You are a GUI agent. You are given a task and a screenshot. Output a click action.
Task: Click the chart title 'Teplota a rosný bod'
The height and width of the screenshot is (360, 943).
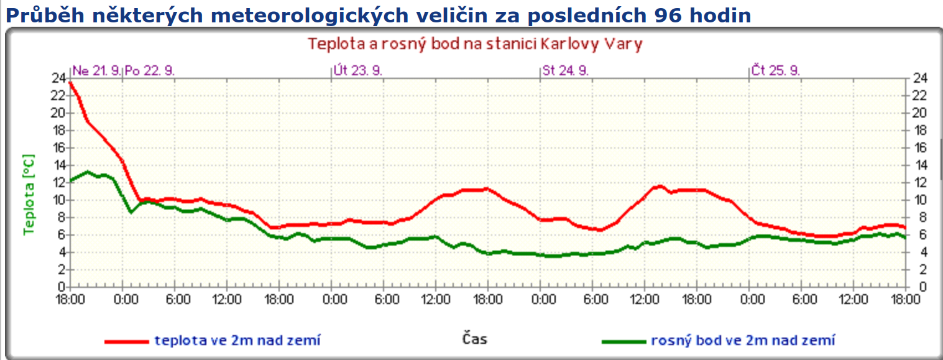(475, 44)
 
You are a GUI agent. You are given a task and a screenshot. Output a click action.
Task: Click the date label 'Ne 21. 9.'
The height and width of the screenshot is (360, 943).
(97, 70)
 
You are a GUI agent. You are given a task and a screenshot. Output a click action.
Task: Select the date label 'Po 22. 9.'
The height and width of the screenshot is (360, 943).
(150, 70)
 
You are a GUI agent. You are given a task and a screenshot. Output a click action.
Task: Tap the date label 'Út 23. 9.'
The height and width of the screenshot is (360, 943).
(358, 70)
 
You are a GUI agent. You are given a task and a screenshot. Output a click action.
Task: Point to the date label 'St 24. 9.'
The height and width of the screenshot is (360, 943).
(566, 70)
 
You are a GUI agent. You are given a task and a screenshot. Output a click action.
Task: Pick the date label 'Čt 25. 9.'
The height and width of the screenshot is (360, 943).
(775, 70)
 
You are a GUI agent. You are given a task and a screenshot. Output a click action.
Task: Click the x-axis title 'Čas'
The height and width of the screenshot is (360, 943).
(474, 339)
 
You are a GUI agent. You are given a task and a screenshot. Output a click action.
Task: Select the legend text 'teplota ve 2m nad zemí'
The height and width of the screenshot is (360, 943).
(238, 340)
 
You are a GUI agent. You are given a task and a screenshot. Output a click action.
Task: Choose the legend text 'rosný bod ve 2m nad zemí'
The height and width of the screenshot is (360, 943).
(743, 340)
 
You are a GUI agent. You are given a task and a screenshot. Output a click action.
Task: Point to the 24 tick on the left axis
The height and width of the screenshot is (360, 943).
(58, 78)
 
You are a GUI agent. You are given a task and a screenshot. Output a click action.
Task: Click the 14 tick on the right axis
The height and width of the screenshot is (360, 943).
(919, 165)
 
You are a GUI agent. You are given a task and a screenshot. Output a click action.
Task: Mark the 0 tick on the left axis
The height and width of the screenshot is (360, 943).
(62, 287)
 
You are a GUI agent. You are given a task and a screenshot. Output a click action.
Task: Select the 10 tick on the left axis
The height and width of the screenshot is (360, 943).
(58, 200)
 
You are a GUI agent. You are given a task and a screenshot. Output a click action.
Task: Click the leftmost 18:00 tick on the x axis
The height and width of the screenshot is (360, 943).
(70, 300)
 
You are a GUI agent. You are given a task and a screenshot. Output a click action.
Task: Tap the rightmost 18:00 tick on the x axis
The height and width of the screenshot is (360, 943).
(906, 300)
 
